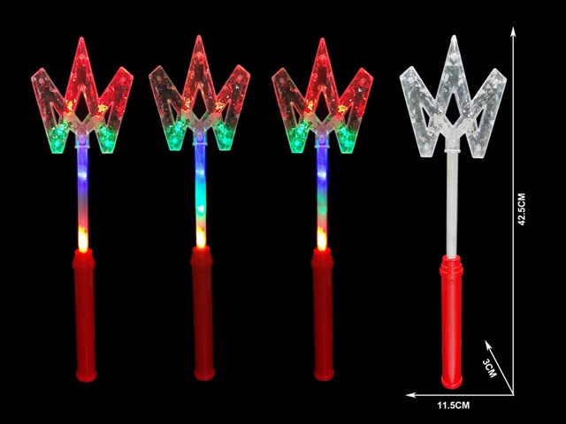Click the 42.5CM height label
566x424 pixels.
[x=522, y=209]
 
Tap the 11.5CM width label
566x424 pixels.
[x=454, y=405]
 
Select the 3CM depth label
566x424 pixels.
[x=489, y=368]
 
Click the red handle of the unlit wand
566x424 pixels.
[x=451, y=322]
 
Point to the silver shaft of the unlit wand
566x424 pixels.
[x=452, y=204]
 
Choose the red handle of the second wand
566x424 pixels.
[x=203, y=314]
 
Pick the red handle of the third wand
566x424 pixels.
[x=323, y=314]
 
